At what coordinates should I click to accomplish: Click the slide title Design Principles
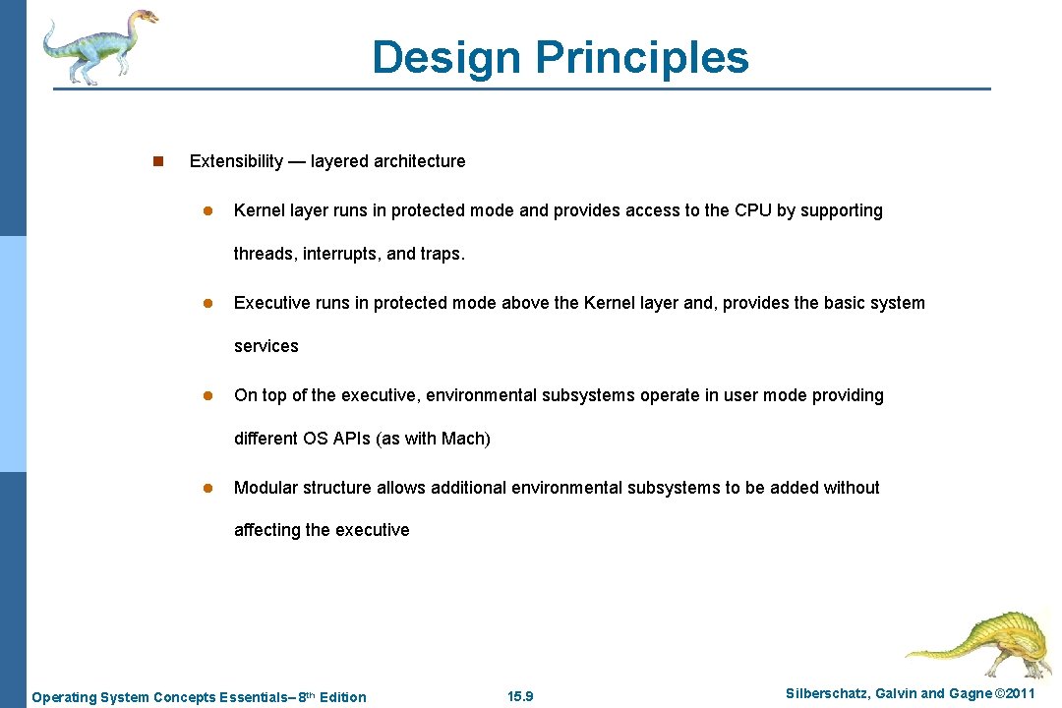560,57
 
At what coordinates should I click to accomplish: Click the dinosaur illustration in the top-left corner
98,45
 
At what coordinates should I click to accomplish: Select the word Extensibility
236,161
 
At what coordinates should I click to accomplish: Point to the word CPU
753,210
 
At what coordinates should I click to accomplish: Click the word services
265,346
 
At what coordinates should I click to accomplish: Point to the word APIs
351,439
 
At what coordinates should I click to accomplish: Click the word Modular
265,488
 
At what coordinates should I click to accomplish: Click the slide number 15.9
520,697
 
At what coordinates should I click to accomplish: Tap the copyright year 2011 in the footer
1015,694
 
